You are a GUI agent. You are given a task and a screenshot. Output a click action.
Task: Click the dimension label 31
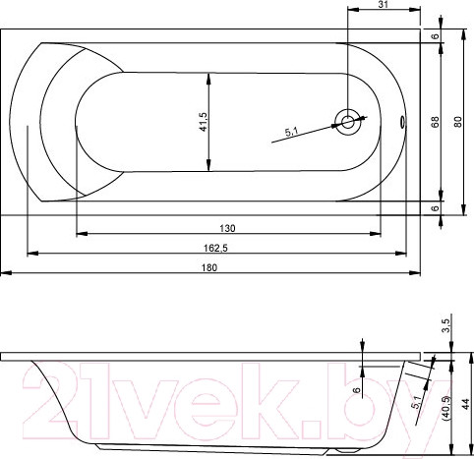click(x=383, y=4)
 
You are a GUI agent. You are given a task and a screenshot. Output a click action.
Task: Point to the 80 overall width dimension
click(x=458, y=122)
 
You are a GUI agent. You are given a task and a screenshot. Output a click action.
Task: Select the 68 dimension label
click(x=436, y=122)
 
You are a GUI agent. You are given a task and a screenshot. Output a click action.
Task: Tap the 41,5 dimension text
click(x=204, y=122)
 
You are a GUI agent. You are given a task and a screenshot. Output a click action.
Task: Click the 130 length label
click(x=227, y=228)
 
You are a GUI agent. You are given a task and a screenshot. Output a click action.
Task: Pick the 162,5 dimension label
click(x=215, y=248)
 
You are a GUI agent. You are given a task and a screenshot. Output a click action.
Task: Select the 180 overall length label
click(x=209, y=267)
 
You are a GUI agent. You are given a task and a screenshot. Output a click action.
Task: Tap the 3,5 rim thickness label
click(x=447, y=325)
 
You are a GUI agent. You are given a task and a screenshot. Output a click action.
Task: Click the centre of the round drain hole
click(x=348, y=122)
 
